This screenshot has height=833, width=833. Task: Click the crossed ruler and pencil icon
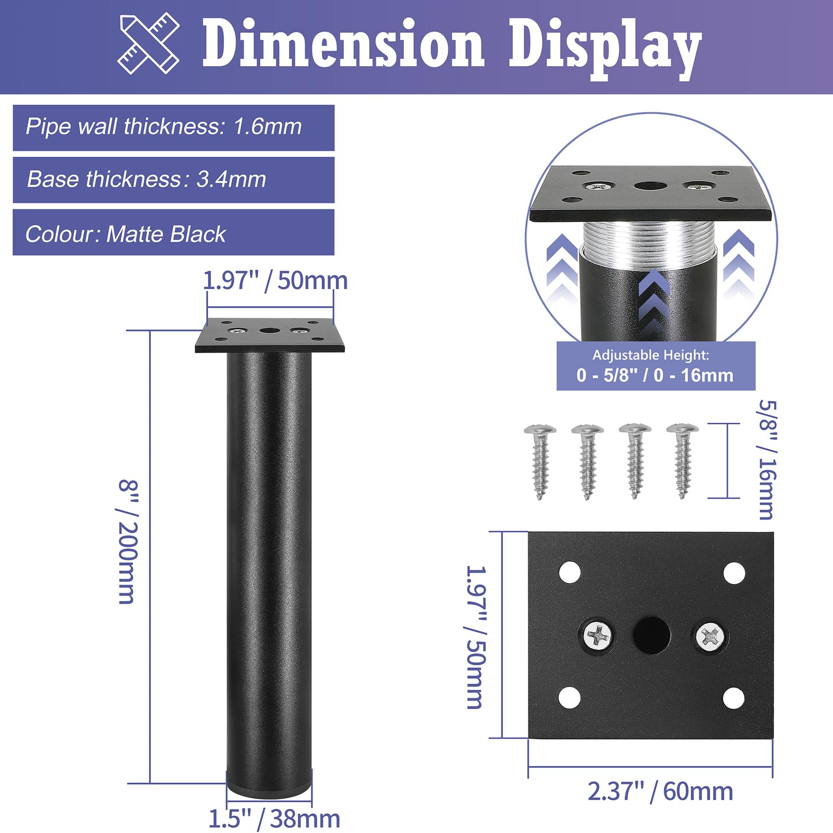click(x=149, y=43)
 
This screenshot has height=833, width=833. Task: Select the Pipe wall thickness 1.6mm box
click(x=173, y=128)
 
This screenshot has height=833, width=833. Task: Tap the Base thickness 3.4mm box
click(x=173, y=180)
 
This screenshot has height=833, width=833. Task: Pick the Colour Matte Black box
click(x=173, y=233)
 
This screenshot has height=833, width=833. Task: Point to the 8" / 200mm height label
click(x=128, y=541)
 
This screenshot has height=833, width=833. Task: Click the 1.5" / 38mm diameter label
click(x=274, y=818)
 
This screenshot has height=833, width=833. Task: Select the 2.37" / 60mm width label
click(x=660, y=791)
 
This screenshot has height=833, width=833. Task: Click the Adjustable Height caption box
click(x=655, y=366)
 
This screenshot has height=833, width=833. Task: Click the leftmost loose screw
click(x=540, y=460)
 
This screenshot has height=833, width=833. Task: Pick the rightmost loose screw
click(x=682, y=460)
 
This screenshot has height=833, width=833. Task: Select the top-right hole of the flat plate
click(x=734, y=573)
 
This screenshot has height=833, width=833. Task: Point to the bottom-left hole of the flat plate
click(x=570, y=698)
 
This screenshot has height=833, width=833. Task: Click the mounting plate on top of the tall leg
click(x=270, y=336)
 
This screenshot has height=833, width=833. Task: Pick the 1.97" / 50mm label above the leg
click(x=275, y=281)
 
